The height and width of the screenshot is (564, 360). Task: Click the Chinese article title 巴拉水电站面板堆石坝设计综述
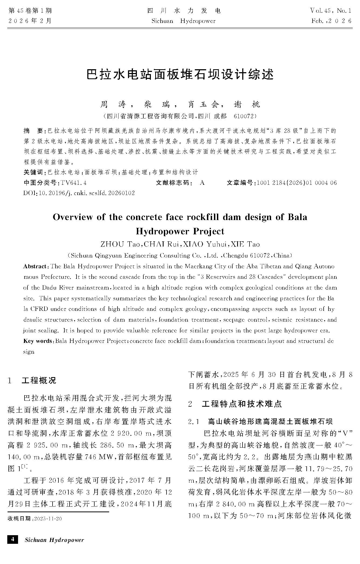[180, 75]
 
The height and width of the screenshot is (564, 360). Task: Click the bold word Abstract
[35, 266]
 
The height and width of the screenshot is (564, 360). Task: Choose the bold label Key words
[38, 341]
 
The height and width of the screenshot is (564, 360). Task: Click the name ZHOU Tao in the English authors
[120, 244]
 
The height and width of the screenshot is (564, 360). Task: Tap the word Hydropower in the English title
[160, 231]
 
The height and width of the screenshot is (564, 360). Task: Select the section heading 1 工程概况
[32, 381]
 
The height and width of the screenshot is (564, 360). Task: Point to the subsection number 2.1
[193, 422]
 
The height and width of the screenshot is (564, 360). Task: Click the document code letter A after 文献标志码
[202, 183]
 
